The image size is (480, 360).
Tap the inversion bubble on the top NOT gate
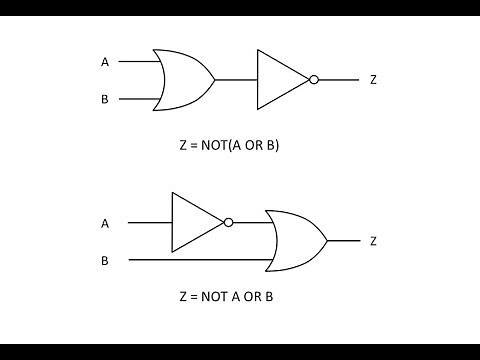[314, 79]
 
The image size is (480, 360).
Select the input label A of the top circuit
[104, 62]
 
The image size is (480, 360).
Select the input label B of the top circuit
[104, 98]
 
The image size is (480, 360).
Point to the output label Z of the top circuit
[373, 79]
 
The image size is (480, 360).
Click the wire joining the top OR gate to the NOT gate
[236, 79]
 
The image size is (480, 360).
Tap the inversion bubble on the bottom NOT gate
[229, 222]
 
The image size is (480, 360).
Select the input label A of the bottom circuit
[104, 223]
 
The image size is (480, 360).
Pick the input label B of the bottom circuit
[104, 260]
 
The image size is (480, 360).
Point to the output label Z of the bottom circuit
[373, 241]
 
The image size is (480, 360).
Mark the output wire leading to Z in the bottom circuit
[342, 241]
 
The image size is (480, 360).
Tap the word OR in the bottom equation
[256, 297]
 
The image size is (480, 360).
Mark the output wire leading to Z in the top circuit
[338, 79]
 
